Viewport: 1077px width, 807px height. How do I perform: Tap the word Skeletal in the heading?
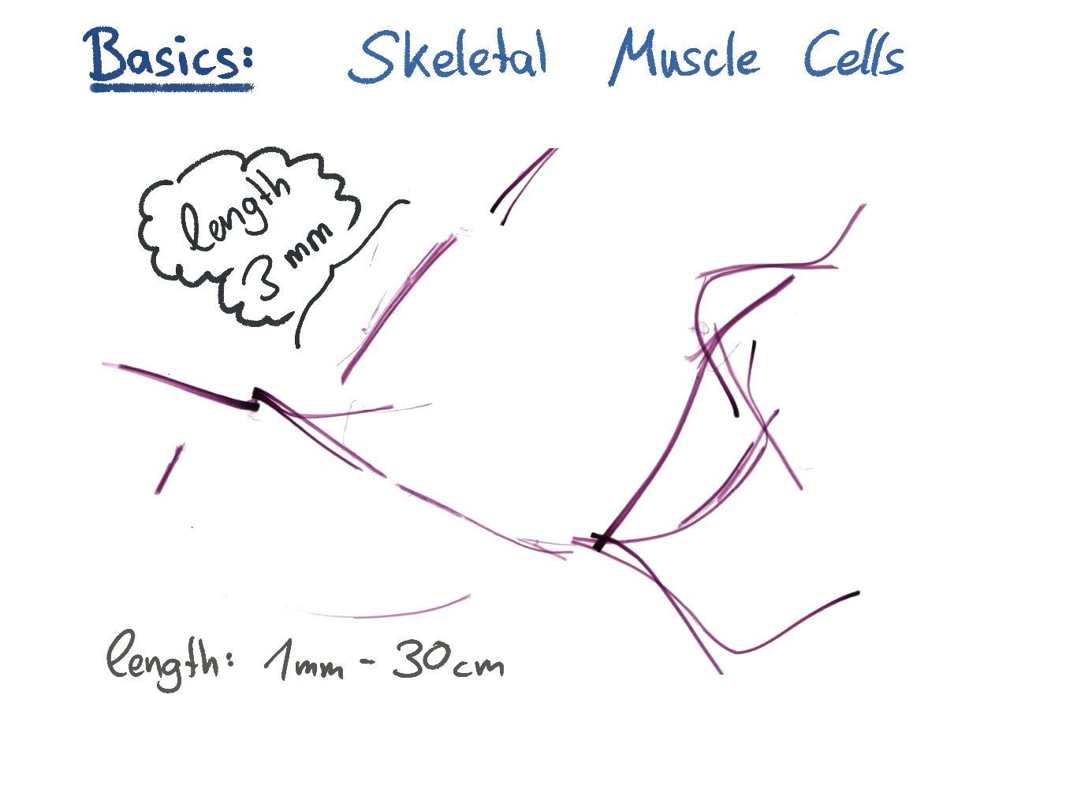click(x=448, y=57)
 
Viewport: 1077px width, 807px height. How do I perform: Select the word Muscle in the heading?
click(x=684, y=57)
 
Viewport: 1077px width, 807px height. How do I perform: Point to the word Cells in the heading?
click(x=854, y=55)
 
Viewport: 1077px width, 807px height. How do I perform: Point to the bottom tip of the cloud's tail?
click(x=298, y=345)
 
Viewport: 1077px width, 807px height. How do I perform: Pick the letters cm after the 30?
click(x=479, y=667)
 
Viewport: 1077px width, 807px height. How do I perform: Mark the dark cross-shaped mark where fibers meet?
click(x=601, y=541)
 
